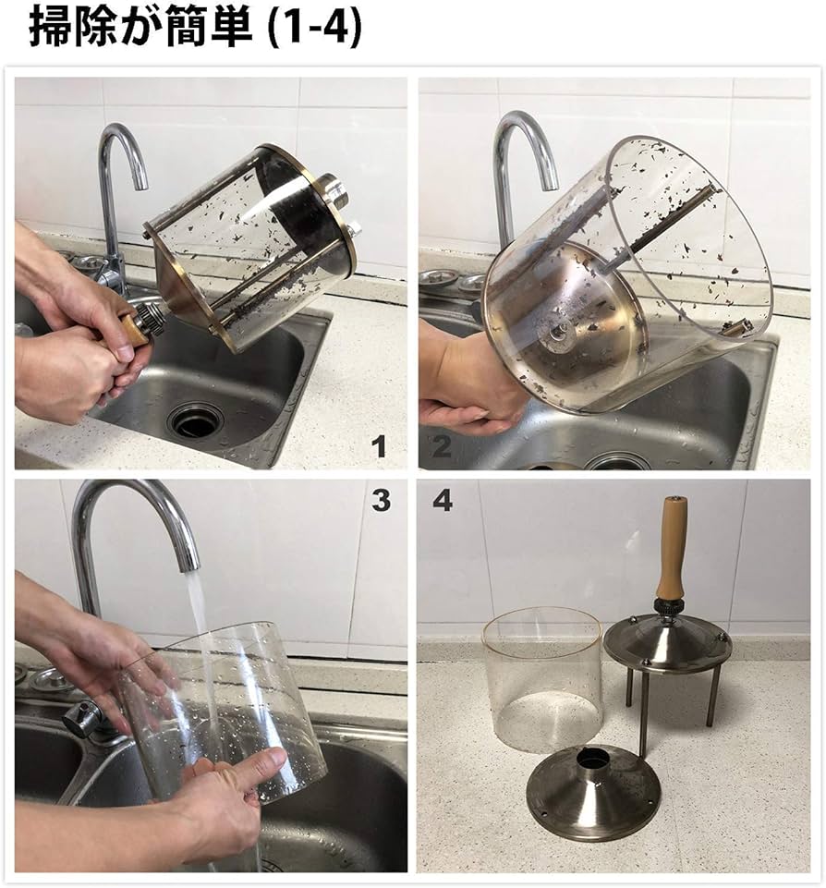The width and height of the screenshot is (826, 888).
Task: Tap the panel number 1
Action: click(x=379, y=447)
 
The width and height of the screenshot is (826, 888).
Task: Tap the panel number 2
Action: click(x=442, y=447)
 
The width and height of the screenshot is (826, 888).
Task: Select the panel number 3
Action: click(x=380, y=501)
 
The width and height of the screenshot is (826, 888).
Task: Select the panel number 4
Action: click(x=443, y=501)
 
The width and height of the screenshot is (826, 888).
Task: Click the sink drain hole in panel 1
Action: click(x=196, y=420)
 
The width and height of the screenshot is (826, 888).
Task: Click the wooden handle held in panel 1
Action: click(x=132, y=331)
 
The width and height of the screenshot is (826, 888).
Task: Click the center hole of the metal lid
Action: click(x=592, y=760)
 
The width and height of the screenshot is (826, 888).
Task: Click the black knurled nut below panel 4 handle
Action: click(x=668, y=607)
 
